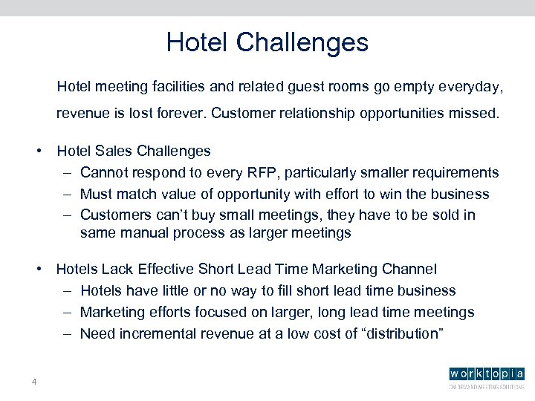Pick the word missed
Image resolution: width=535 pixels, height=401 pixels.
474,115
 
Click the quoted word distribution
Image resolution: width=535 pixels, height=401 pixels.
401,333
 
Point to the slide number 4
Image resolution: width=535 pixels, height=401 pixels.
34,382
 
